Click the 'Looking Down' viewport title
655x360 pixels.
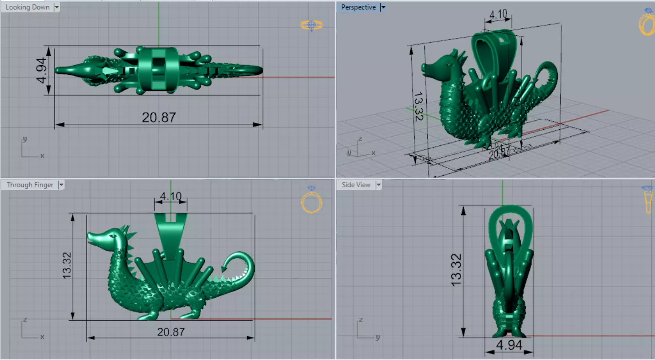pos(28,7)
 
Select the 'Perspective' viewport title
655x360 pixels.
pos(358,7)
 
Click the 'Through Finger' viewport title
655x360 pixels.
pos(30,185)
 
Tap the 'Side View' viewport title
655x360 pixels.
pos(356,185)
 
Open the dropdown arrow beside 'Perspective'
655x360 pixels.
pos(383,7)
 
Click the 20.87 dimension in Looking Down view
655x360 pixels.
pos(159,117)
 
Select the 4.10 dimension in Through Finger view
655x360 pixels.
pos(171,197)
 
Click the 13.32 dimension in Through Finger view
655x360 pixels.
pos(67,266)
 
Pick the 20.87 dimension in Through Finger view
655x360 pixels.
pos(171,332)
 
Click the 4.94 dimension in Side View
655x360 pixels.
pos(509,345)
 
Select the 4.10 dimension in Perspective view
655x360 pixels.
pos(498,14)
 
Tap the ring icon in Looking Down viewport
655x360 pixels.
pos(312,25)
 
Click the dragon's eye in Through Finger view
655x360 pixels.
pos(111,236)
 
